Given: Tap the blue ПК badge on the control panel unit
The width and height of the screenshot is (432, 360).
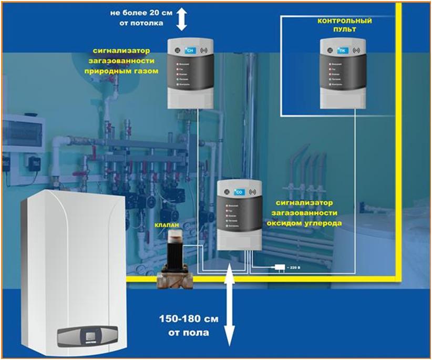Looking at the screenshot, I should click(343, 51).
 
